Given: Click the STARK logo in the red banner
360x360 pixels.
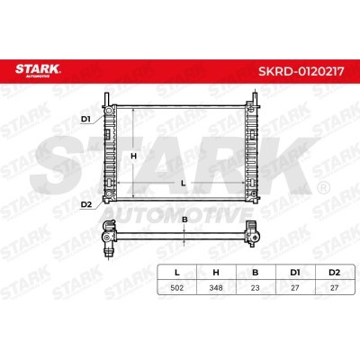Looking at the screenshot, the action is point(38,70).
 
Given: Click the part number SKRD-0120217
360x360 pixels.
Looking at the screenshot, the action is point(301,71).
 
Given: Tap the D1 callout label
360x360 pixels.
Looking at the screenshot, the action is point(85,119).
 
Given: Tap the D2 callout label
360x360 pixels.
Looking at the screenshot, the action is point(86,204).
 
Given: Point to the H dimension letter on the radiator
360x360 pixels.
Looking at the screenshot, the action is point(134,156).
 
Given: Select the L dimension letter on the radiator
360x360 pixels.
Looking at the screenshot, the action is point(183,184).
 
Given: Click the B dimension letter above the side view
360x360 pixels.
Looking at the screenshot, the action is point(184,220).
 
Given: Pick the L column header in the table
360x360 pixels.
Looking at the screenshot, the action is point(177,273).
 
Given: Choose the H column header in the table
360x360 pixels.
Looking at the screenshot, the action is point(216,273).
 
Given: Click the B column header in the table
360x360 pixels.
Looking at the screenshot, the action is point(256,273).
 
